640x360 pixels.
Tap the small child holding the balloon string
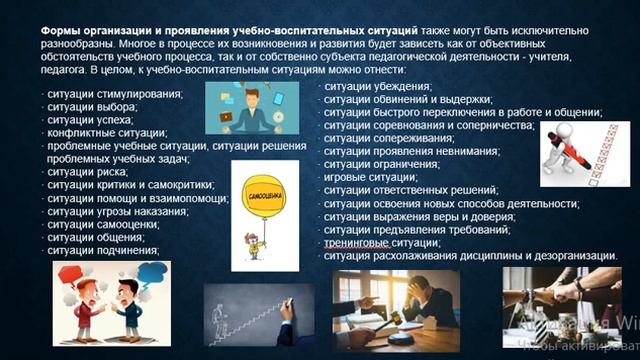tap(263, 244)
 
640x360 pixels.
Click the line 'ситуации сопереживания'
tap(391, 138)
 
